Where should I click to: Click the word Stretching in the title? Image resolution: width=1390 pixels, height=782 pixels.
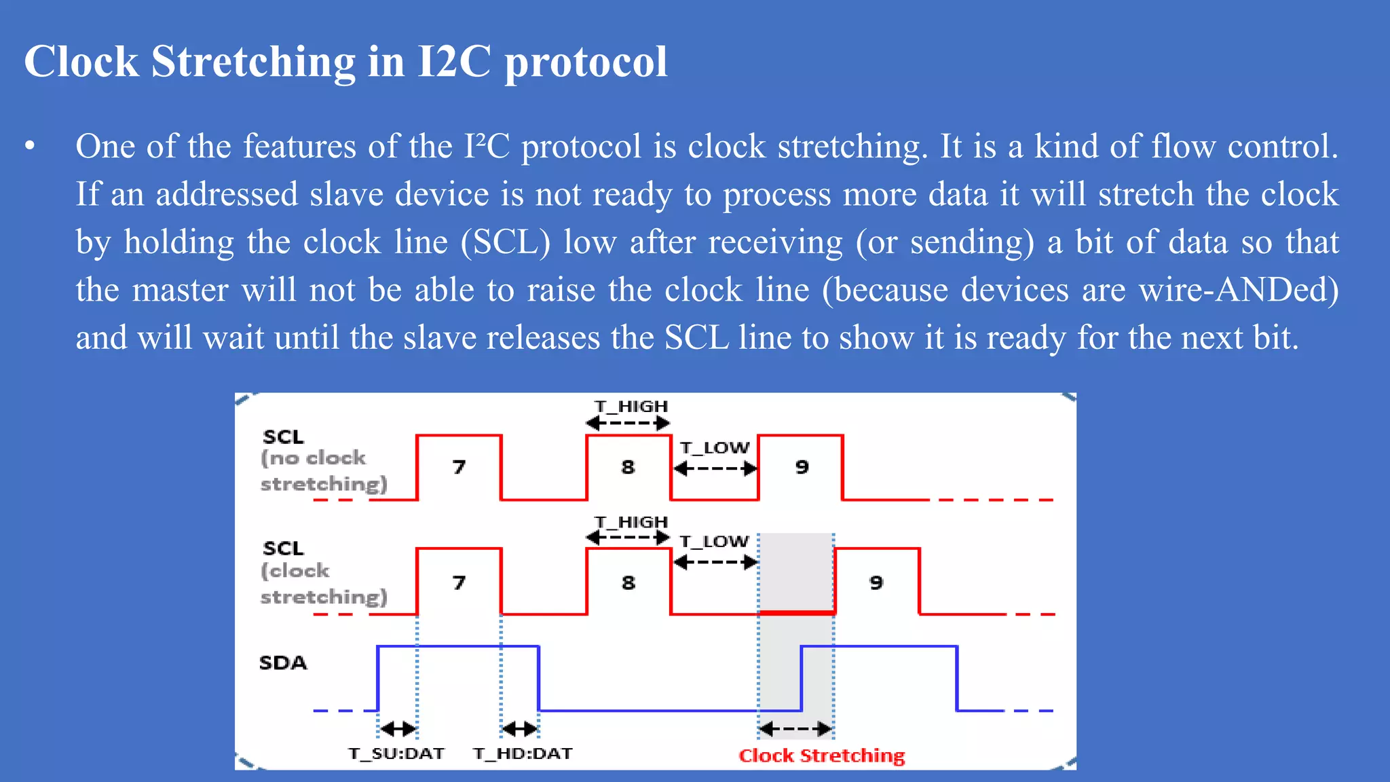[252, 62]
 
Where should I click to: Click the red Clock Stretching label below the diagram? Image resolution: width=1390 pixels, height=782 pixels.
[821, 756]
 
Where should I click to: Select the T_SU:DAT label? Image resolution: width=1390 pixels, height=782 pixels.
[396, 753]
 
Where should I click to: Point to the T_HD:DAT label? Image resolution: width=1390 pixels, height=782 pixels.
[523, 753]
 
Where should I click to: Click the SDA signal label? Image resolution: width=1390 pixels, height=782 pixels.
[283, 663]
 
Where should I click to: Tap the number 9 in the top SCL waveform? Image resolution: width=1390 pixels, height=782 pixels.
[802, 467]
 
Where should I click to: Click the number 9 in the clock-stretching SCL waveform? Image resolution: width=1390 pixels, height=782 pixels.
[876, 582]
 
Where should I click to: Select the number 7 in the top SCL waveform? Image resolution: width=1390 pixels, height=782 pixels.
[459, 467]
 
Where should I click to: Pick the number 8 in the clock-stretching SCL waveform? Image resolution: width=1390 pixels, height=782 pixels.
[628, 582]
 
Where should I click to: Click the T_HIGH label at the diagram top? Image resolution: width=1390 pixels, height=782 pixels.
[631, 406]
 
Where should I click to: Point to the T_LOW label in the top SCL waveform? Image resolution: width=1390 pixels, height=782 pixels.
[715, 448]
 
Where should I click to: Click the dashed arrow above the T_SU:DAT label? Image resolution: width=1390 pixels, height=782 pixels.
[398, 729]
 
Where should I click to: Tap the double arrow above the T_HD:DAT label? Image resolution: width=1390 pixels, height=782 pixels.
[520, 729]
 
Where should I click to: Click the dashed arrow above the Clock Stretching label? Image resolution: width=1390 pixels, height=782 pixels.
[795, 730]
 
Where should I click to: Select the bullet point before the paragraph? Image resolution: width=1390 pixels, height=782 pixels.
[29, 147]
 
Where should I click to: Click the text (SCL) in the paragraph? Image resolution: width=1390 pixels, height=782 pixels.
[506, 242]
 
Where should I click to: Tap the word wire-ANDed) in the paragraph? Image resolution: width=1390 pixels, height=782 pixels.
[1239, 291]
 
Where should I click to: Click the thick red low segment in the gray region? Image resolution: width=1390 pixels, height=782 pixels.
[797, 612]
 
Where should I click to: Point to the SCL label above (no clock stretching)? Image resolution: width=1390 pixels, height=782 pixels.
[283, 436]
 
